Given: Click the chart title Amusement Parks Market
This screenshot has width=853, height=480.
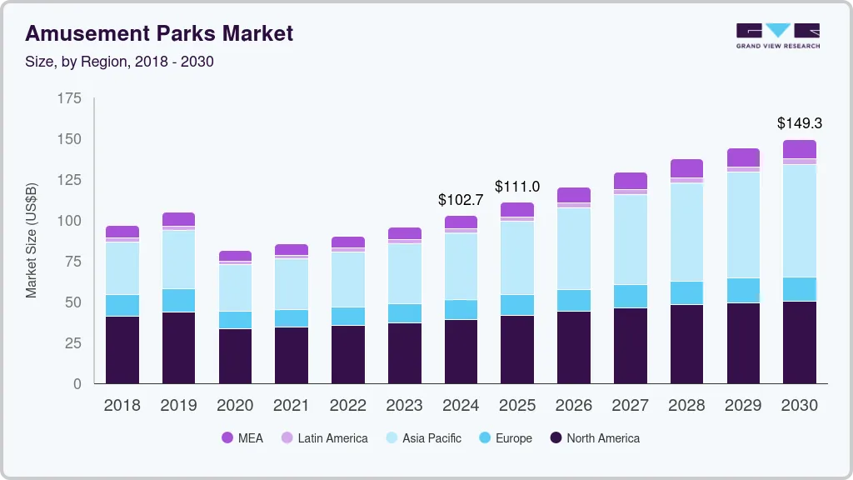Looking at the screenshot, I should click(x=159, y=33).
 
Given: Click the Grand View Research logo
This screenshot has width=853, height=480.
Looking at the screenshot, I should click(x=777, y=36).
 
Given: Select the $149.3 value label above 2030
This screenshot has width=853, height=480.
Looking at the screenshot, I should click(x=799, y=123).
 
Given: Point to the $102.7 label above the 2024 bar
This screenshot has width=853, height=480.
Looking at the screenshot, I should click(x=461, y=200).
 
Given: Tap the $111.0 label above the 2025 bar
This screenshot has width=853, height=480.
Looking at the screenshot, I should click(x=517, y=187).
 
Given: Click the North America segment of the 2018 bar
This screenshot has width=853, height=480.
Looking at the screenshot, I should click(x=122, y=350).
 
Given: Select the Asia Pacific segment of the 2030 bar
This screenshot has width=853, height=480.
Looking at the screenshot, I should click(x=799, y=221).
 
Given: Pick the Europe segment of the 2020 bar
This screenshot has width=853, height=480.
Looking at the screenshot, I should click(x=235, y=320).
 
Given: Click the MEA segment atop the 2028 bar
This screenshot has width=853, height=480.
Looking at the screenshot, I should click(x=686, y=168).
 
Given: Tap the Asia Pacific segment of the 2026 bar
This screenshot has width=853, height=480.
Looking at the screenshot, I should click(x=574, y=248).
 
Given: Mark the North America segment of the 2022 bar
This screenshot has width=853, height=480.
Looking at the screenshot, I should click(x=348, y=354).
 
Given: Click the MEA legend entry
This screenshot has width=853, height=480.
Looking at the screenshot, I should click(x=242, y=438).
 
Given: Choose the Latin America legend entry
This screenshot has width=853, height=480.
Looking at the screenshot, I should click(x=324, y=438).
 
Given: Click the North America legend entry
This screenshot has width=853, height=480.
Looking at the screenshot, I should click(x=595, y=438).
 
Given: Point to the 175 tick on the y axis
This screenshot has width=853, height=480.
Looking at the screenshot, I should click(x=70, y=98).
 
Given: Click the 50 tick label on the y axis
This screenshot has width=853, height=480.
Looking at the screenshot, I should click(x=73, y=302).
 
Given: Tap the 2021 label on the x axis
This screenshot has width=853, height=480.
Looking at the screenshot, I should click(x=292, y=406).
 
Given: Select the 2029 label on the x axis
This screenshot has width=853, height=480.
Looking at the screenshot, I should click(x=743, y=406).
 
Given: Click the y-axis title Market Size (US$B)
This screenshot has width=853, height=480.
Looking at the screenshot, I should click(x=32, y=241).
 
